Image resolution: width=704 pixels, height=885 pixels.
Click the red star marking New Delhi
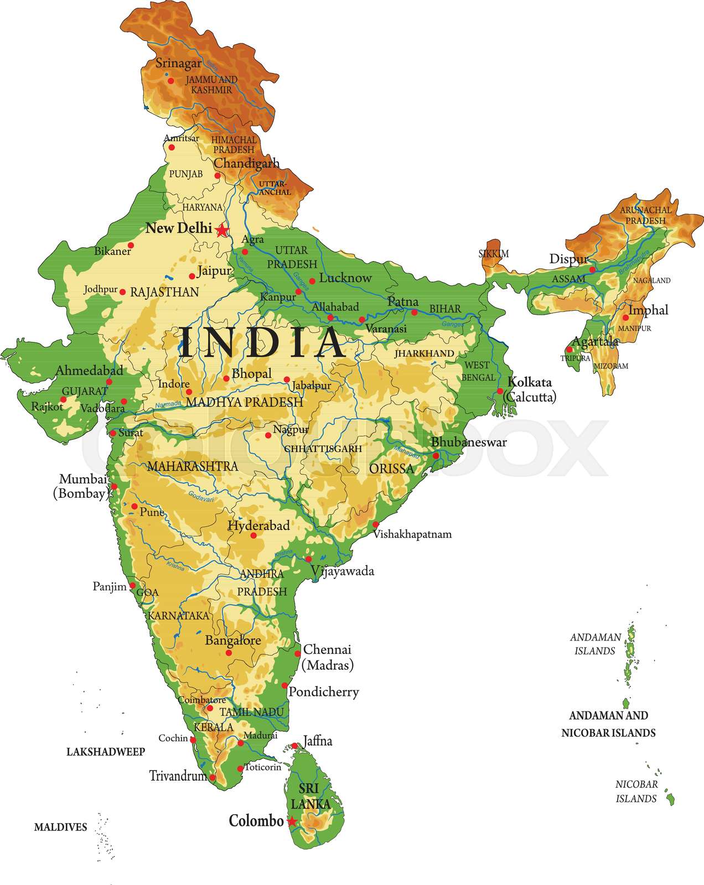point(222,230)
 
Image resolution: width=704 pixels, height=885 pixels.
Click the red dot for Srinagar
point(171,81)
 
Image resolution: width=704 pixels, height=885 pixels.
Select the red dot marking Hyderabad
point(254,535)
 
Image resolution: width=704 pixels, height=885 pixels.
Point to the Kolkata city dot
point(500,391)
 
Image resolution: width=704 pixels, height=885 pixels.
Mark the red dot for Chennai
point(298,653)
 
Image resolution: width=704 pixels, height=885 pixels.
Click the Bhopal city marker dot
point(226,379)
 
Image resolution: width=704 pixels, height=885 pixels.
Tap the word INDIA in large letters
point(262,342)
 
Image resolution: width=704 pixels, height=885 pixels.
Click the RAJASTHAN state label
point(164,292)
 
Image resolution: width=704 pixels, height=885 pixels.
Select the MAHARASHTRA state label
point(193,466)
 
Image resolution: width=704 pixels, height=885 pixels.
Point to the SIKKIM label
point(494,254)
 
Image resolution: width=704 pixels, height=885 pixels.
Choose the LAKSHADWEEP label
point(106,752)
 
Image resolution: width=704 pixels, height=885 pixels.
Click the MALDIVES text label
point(61,827)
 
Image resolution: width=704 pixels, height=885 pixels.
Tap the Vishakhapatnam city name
point(412,534)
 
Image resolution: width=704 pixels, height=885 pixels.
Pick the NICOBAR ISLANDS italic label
point(636,792)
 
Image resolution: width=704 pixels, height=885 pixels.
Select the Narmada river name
point(168,405)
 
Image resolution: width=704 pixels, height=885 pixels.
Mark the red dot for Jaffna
point(295,746)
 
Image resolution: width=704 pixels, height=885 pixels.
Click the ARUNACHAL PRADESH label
point(646,215)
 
